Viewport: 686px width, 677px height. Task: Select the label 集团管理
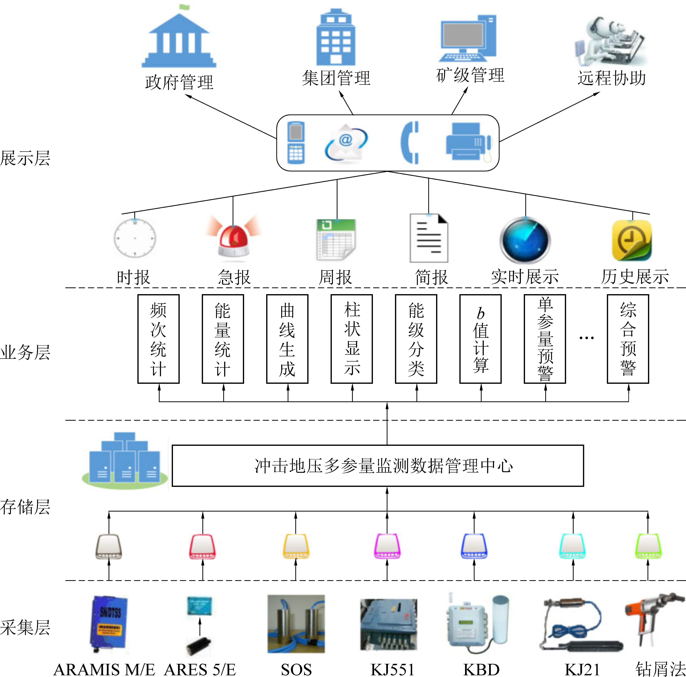336,78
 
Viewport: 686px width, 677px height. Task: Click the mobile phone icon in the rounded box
296,143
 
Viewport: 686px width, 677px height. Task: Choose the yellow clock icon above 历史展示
632,240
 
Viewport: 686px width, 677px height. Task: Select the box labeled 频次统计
158,339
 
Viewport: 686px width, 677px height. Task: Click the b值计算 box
480,339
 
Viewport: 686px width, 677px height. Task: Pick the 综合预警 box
628,339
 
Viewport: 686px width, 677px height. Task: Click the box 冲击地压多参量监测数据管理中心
378,466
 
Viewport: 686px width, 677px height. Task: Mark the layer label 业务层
25,352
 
